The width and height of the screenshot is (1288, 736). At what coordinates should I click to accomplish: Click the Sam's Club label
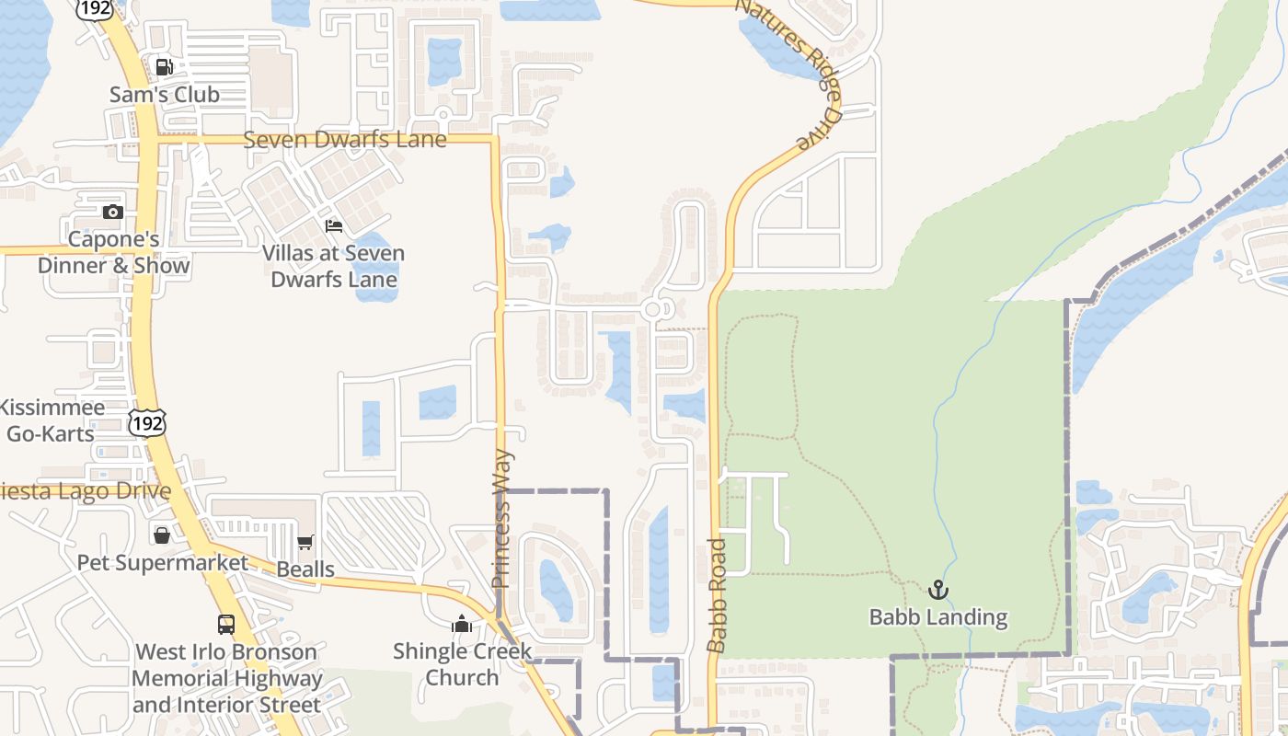[x=165, y=94]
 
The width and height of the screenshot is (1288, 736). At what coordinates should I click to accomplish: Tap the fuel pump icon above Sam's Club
[x=165, y=66]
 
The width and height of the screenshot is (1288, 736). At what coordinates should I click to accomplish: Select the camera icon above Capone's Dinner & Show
[x=113, y=212]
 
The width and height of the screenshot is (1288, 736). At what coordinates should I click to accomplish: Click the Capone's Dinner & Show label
[x=114, y=252]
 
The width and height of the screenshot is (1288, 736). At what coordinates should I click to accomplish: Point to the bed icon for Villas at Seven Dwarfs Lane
[x=334, y=225]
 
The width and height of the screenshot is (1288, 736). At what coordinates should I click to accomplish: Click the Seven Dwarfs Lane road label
[x=344, y=140]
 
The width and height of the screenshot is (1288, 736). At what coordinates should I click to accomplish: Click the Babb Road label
[x=717, y=595]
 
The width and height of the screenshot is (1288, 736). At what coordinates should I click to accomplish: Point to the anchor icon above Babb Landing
[x=938, y=589]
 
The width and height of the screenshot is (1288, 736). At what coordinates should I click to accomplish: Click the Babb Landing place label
[x=938, y=616]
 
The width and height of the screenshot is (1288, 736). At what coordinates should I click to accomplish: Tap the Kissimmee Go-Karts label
[x=52, y=420]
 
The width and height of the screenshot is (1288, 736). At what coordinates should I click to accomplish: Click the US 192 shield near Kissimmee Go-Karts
[x=147, y=423]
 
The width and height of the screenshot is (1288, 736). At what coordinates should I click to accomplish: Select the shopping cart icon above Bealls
[x=305, y=543]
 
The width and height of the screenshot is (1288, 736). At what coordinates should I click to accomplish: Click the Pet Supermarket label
[x=162, y=562]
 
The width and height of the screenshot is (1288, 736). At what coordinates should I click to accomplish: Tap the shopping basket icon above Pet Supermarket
[x=162, y=535]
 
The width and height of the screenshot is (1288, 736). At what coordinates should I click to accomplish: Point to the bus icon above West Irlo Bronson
[x=226, y=624]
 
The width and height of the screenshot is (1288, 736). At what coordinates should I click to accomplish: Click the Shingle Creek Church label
[x=462, y=663]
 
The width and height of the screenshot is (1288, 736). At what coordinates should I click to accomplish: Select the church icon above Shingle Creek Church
[x=462, y=624]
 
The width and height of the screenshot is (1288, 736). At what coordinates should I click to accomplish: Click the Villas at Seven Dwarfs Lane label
[x=333, y=266]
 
